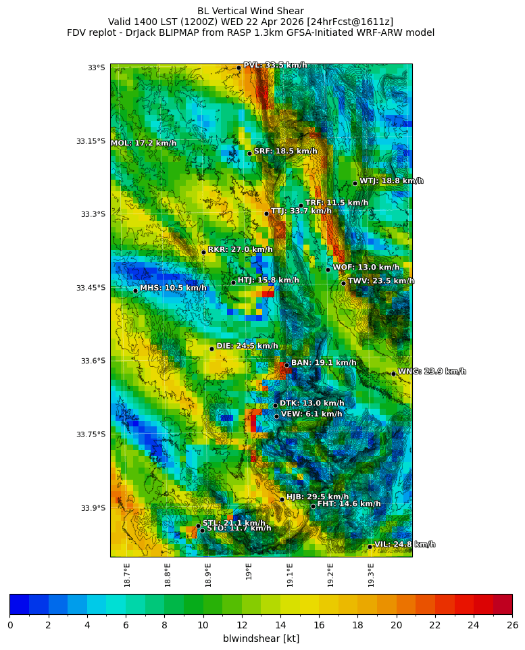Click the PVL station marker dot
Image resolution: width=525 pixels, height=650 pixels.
239,68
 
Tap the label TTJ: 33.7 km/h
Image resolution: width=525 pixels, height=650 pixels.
301,211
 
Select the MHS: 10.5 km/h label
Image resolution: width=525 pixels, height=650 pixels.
173,289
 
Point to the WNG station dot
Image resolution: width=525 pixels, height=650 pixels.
393,374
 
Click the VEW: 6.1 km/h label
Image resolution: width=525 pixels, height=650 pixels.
311,414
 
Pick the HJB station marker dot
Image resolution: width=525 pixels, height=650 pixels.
282,499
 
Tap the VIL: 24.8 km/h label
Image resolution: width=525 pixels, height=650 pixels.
405,545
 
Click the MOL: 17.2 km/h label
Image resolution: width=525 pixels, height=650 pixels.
143,143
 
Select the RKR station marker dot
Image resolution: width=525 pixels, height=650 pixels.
203,252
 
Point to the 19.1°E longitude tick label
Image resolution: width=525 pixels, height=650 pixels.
290,574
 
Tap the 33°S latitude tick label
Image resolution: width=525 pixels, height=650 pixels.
96,68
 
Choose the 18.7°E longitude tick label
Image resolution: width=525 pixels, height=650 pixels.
127,574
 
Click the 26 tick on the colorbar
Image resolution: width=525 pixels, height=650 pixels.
512,625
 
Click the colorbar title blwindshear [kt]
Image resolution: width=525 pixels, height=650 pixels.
261,639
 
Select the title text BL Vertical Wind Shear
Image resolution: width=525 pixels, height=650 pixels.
251,11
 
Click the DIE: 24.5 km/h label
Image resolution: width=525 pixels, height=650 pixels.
247,346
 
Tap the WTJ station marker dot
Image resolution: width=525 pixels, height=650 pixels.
355,183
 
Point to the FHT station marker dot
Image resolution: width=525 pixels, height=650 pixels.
313,506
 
